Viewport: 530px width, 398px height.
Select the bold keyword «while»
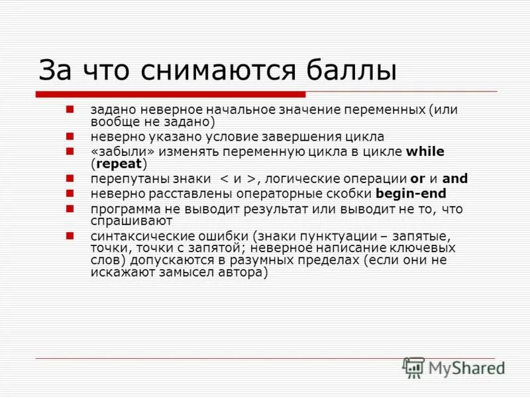(425, 151)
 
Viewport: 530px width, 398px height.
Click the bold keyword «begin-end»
(411, 194)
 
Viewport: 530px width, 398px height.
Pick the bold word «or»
(417, 178)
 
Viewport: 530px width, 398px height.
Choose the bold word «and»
(454, 178)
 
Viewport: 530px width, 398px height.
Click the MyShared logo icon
(414, 367)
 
